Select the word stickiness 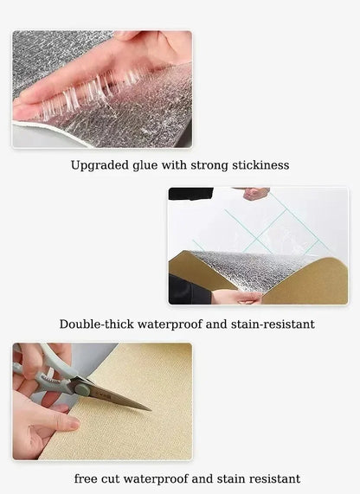(260, 165)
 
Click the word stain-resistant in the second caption (273, 324)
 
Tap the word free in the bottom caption (86, 478)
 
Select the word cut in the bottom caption (110, 479)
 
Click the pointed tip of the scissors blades (151, 410)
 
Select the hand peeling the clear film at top (254, 193)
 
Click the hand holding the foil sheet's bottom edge (236, 297)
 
